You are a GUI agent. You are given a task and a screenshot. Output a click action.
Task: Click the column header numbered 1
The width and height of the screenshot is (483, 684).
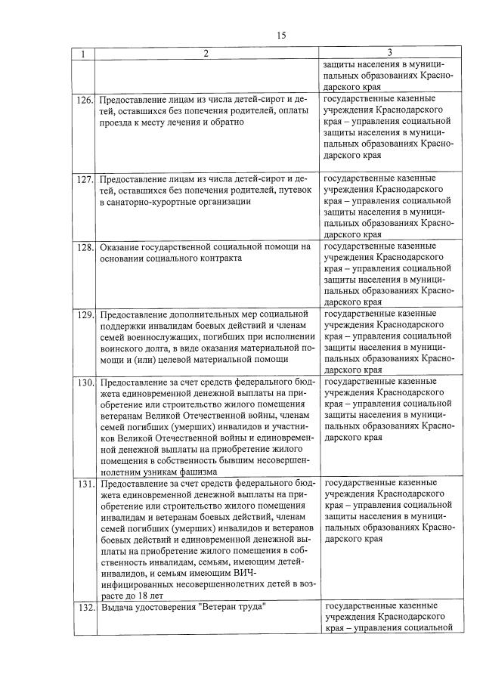tap(83, 53)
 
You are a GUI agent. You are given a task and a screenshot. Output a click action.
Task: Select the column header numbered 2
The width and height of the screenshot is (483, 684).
tap(206, 53)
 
